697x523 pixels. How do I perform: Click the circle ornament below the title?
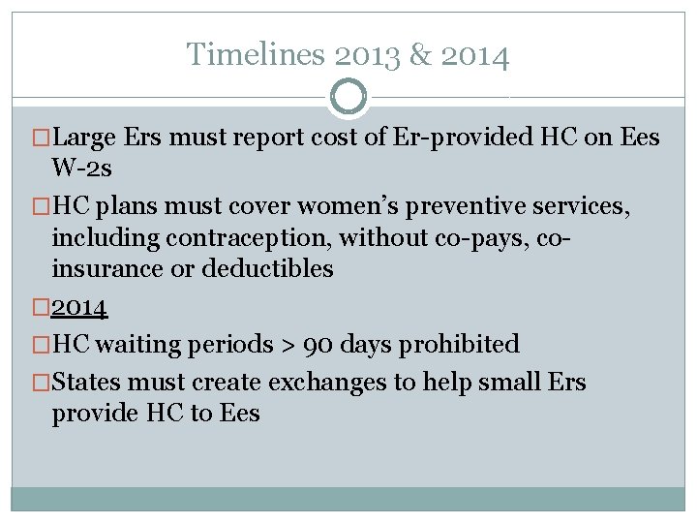tap(348, 97)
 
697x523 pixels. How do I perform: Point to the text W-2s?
tap(82, 170)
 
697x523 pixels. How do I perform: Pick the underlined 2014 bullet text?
tap(79, 308)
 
